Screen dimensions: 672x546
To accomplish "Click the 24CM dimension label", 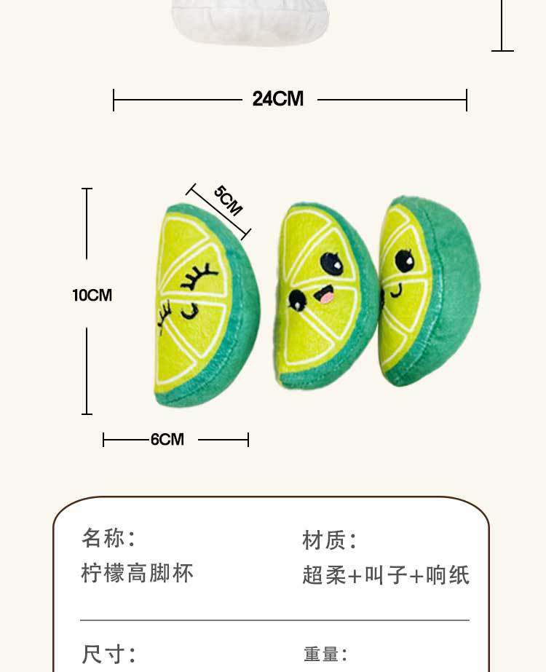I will [277, 99].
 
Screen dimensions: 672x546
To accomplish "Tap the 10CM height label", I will [92, 295].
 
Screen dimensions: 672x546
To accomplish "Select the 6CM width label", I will [167, 440].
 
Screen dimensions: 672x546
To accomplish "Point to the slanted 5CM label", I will [228, 200].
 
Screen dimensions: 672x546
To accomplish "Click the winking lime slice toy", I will [205, 306].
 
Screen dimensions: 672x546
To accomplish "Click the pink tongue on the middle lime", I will [327, 296].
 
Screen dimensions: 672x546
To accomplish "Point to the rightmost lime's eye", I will [404, 260].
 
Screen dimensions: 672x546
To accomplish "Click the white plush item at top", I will [250, 20].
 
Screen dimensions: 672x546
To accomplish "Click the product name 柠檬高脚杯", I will [138, 573].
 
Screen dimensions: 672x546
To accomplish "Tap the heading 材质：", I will [330, 540].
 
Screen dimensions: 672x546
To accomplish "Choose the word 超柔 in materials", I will [324, 575].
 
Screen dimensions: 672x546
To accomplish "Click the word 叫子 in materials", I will [386, 575].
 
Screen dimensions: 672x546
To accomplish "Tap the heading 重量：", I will [325, 655].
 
